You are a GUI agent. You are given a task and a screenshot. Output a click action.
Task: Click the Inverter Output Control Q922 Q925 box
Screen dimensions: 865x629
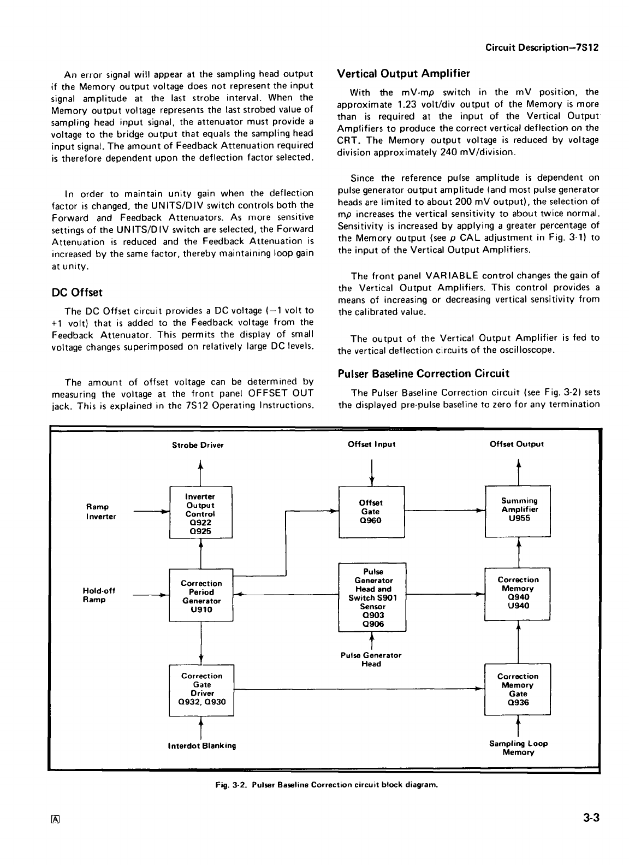[x=201, y=512]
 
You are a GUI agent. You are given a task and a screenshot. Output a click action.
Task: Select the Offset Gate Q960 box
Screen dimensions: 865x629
[x=371, y=511]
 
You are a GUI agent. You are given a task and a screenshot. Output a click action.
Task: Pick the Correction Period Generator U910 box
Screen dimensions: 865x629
[x=201, y=595]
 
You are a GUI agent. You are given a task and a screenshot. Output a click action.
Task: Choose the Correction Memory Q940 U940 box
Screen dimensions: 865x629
[x=518, y=593]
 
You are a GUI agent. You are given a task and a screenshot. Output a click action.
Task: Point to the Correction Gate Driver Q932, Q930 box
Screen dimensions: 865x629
[x=201, y=690]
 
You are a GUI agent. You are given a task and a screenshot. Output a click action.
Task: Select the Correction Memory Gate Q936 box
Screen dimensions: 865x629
[x=518, y=689]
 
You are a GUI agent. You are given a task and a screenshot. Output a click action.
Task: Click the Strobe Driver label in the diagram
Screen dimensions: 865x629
[x=198, y=445]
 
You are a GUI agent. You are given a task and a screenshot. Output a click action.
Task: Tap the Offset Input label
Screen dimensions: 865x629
[x=371, y=444]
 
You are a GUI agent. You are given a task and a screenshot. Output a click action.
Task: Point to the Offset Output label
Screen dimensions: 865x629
[x=517, y=444]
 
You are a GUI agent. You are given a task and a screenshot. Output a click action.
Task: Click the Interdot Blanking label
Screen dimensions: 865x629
[x=202, y=745]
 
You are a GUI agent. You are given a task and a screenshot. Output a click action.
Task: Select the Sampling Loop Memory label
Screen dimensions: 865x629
[x=518, y=748]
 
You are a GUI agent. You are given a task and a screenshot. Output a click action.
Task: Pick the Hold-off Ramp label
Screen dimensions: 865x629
[x=94, y=595]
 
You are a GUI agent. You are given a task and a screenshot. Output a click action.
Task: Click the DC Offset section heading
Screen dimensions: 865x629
[x=76, y=293]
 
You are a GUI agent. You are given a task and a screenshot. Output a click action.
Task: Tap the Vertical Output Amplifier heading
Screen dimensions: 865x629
[x=403, y=73]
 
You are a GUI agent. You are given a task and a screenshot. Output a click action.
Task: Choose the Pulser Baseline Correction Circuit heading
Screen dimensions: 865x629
[x=423, y=374]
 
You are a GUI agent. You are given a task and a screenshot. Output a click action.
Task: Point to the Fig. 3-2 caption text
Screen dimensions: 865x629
[x=325, y=785]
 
